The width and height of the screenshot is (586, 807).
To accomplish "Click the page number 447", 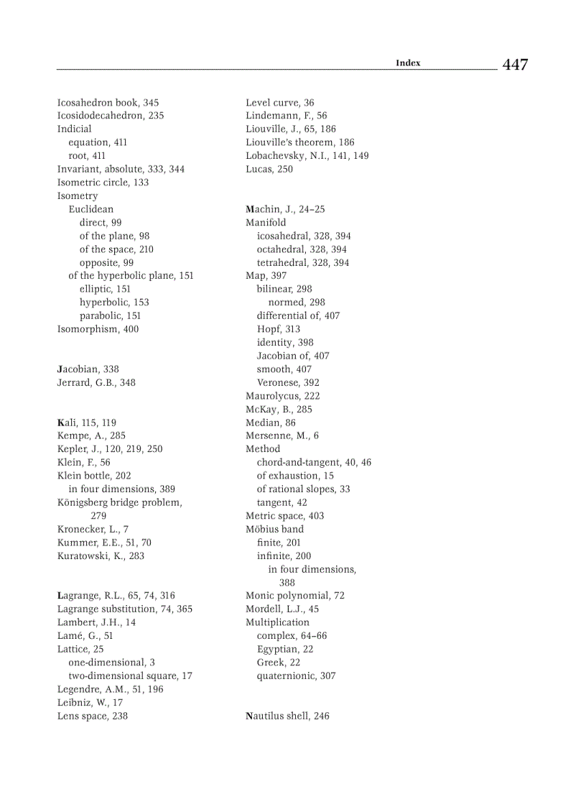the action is tap(515, 65).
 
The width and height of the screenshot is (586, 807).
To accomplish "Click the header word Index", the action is tap(408, 63).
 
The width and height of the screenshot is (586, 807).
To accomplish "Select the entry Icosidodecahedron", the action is tap(101, 116).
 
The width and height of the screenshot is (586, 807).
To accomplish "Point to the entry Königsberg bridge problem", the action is tap(118, 502).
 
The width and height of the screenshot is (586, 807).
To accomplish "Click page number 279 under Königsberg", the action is tap(98, 516).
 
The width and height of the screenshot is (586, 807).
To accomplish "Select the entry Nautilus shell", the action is tap(276, 716).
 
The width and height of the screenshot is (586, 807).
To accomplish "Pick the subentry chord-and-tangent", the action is tap(298, 463).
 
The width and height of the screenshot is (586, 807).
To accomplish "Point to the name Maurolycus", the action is tap(273, 396).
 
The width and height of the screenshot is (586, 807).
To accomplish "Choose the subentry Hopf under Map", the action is tap(269, 329).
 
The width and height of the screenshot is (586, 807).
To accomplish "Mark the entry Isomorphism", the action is tap(88, 329).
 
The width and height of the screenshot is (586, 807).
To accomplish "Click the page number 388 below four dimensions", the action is tap(287, 583).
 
